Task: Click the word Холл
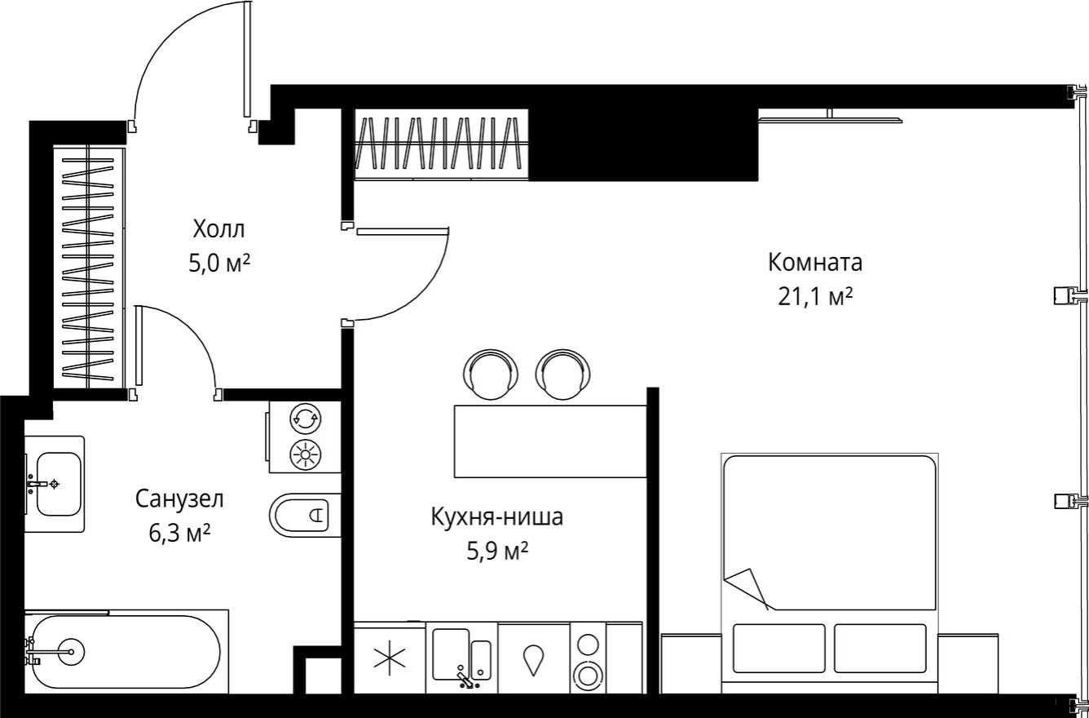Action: (x=218, y=228)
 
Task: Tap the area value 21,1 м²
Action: (x=815, y=297)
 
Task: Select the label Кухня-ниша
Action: (x=497, y=517)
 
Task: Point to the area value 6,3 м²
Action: (x=179, y=534)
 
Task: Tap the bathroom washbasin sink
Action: (x=57, y=484)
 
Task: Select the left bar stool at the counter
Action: (x=489, y=374)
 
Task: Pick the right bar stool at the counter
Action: (x=562, y=374)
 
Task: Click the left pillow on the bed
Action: (x=778, y=648)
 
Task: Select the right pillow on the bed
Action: (x=880, y=648)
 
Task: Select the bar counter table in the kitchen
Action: (x=550, y=441)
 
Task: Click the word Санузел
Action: (x=179, y=498)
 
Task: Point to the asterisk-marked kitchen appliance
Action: (x=390, y=658)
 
